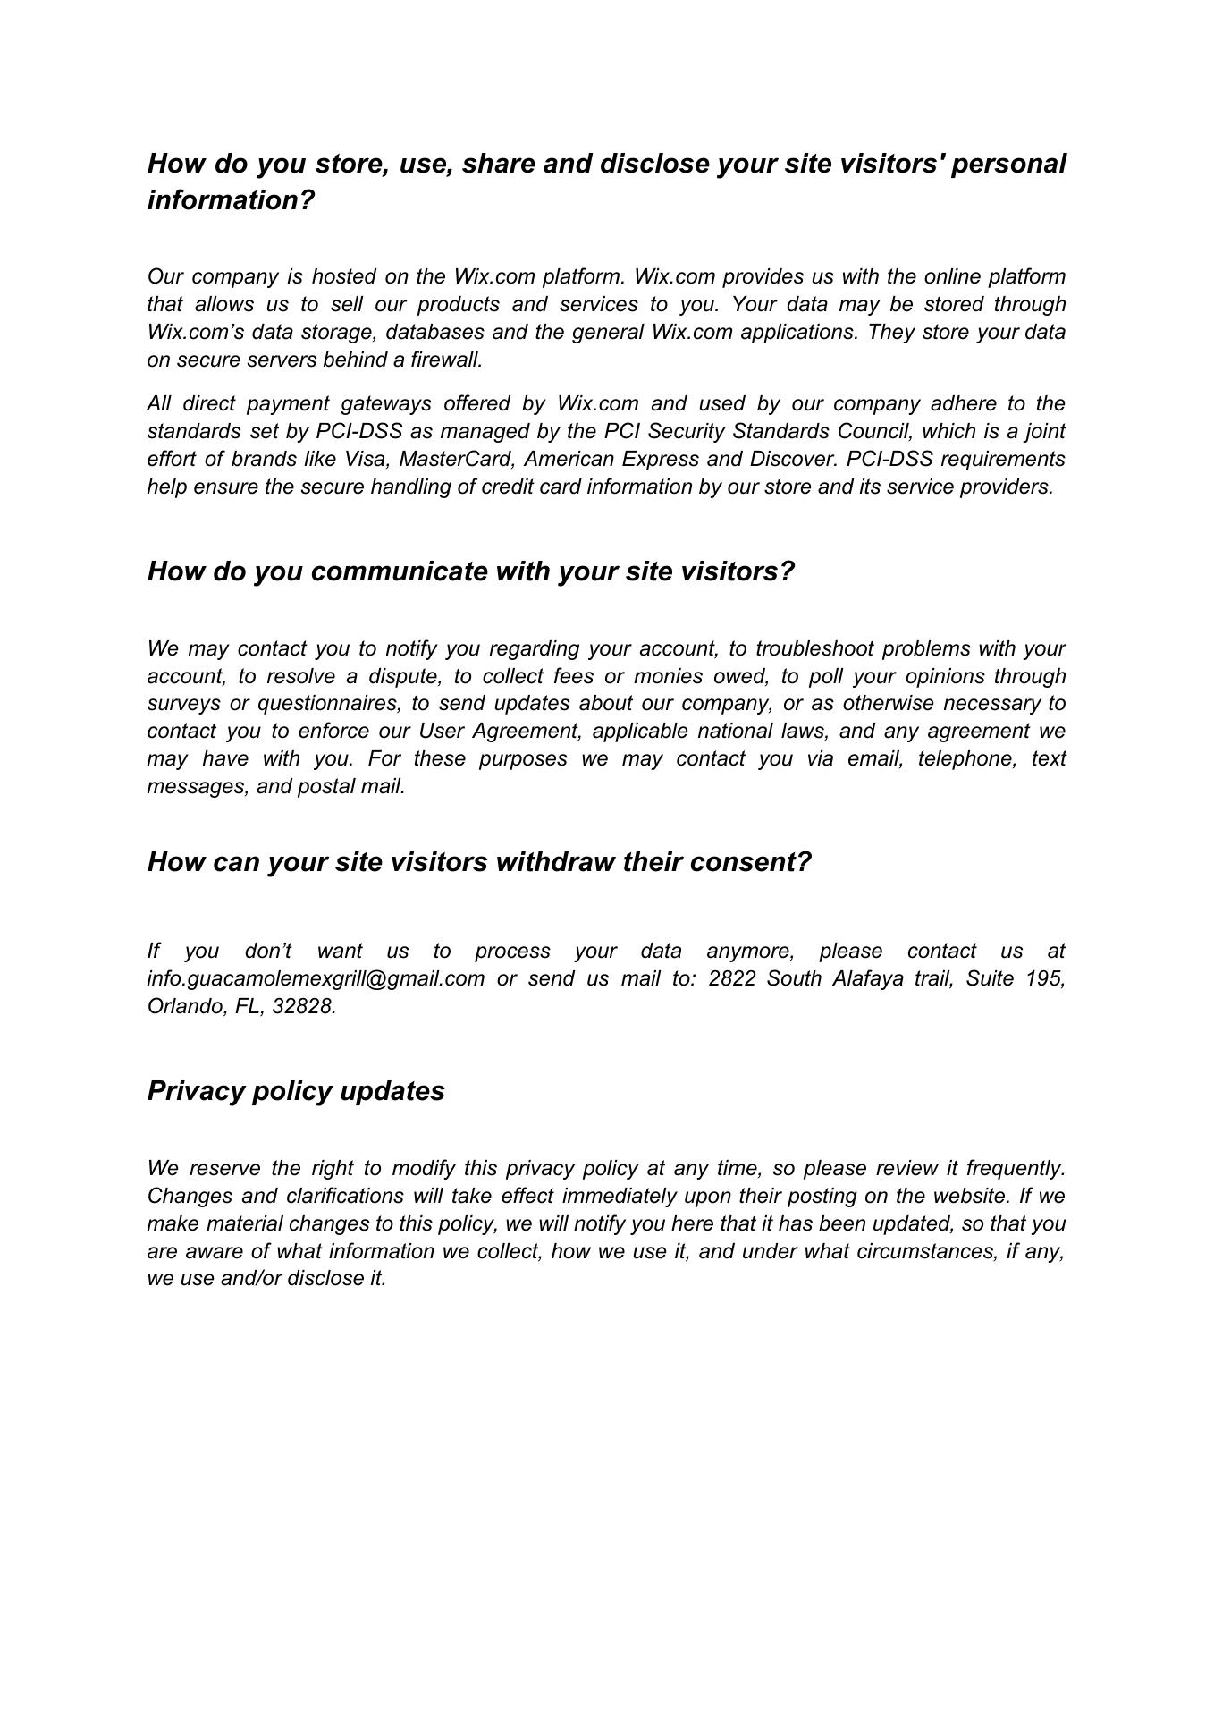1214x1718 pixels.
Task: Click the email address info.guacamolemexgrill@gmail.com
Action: pos(316,978)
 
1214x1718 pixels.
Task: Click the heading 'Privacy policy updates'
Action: pos(296,1091)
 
